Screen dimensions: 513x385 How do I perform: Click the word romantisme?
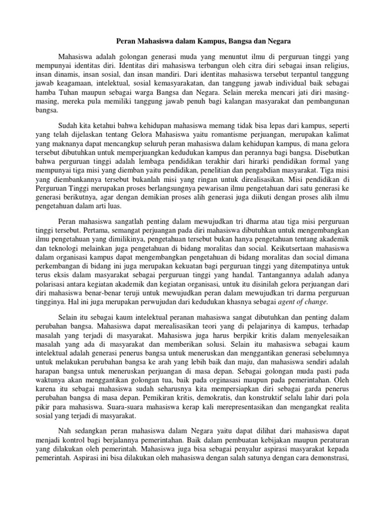(223, 134)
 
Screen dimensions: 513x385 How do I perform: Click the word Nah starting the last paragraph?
(65, 433)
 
